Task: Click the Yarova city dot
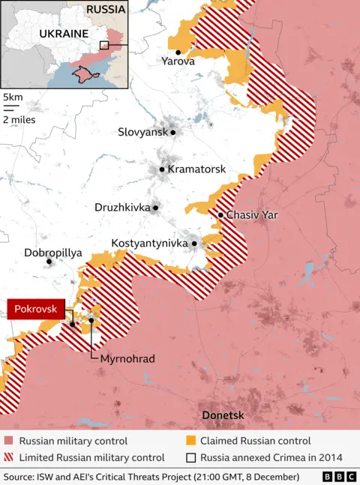coord(178,52)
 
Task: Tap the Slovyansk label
coord(142,132)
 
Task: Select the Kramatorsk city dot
coord(161,169)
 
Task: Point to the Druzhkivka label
coord(121,207)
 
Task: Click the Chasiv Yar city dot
coord(220,215)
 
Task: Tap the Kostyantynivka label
coord(149,244)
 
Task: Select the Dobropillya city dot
coord(49,262)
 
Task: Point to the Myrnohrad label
coord(127,359)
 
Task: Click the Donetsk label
coord(223,415)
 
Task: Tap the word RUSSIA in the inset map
coord(106,10)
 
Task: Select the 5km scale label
coord(12,97)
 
